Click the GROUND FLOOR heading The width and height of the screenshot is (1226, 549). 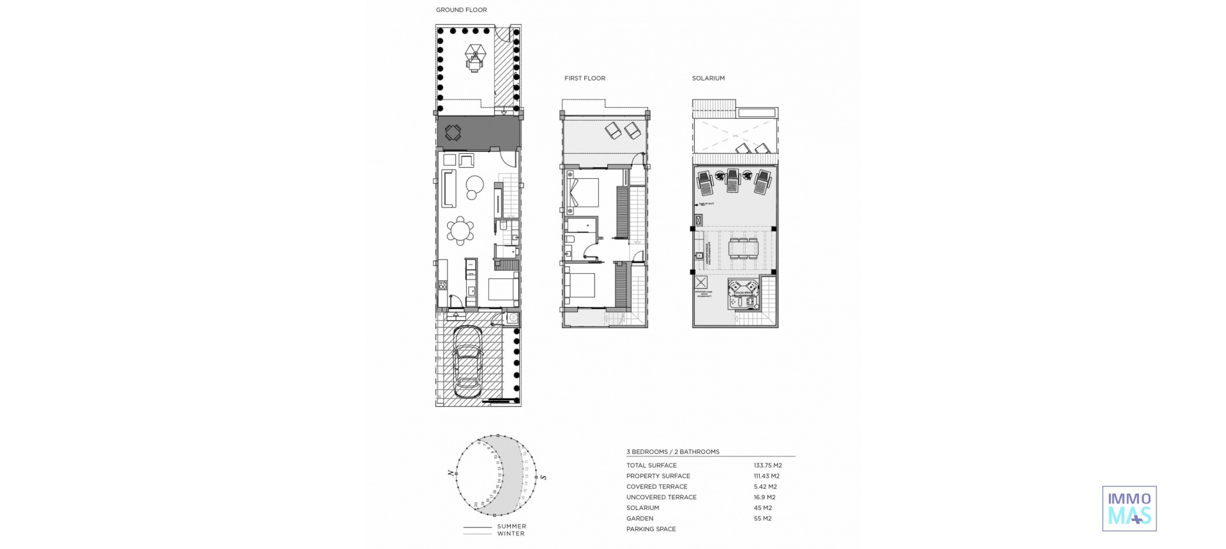pos(461,10)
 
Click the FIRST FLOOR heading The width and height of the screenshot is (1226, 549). pos(584,79)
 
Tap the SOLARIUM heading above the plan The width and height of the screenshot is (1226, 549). pos(708,79)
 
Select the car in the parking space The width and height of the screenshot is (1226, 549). pos(467,361)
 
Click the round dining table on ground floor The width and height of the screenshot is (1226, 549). pos(460,230)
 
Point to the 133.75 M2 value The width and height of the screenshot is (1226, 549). pos(768,465)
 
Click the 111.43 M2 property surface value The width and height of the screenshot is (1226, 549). pos(766,476)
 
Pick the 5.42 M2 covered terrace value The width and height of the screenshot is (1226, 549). pos(765,486)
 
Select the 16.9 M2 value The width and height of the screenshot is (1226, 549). pos(764,497)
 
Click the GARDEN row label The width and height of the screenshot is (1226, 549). pos(640,518)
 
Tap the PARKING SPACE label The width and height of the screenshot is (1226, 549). pos(651,529)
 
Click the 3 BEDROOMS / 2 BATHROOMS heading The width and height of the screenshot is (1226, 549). pos(672,452)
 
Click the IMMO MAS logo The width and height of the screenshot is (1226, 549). pos(1129,509)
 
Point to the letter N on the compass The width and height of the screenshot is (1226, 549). pos(451,473)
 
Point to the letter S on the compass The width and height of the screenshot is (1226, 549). pos(543,477)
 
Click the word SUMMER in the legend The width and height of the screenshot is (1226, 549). pos(511,527)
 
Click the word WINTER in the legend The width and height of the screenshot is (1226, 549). pos(510,534)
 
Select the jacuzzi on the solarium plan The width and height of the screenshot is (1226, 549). pos(744,294)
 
